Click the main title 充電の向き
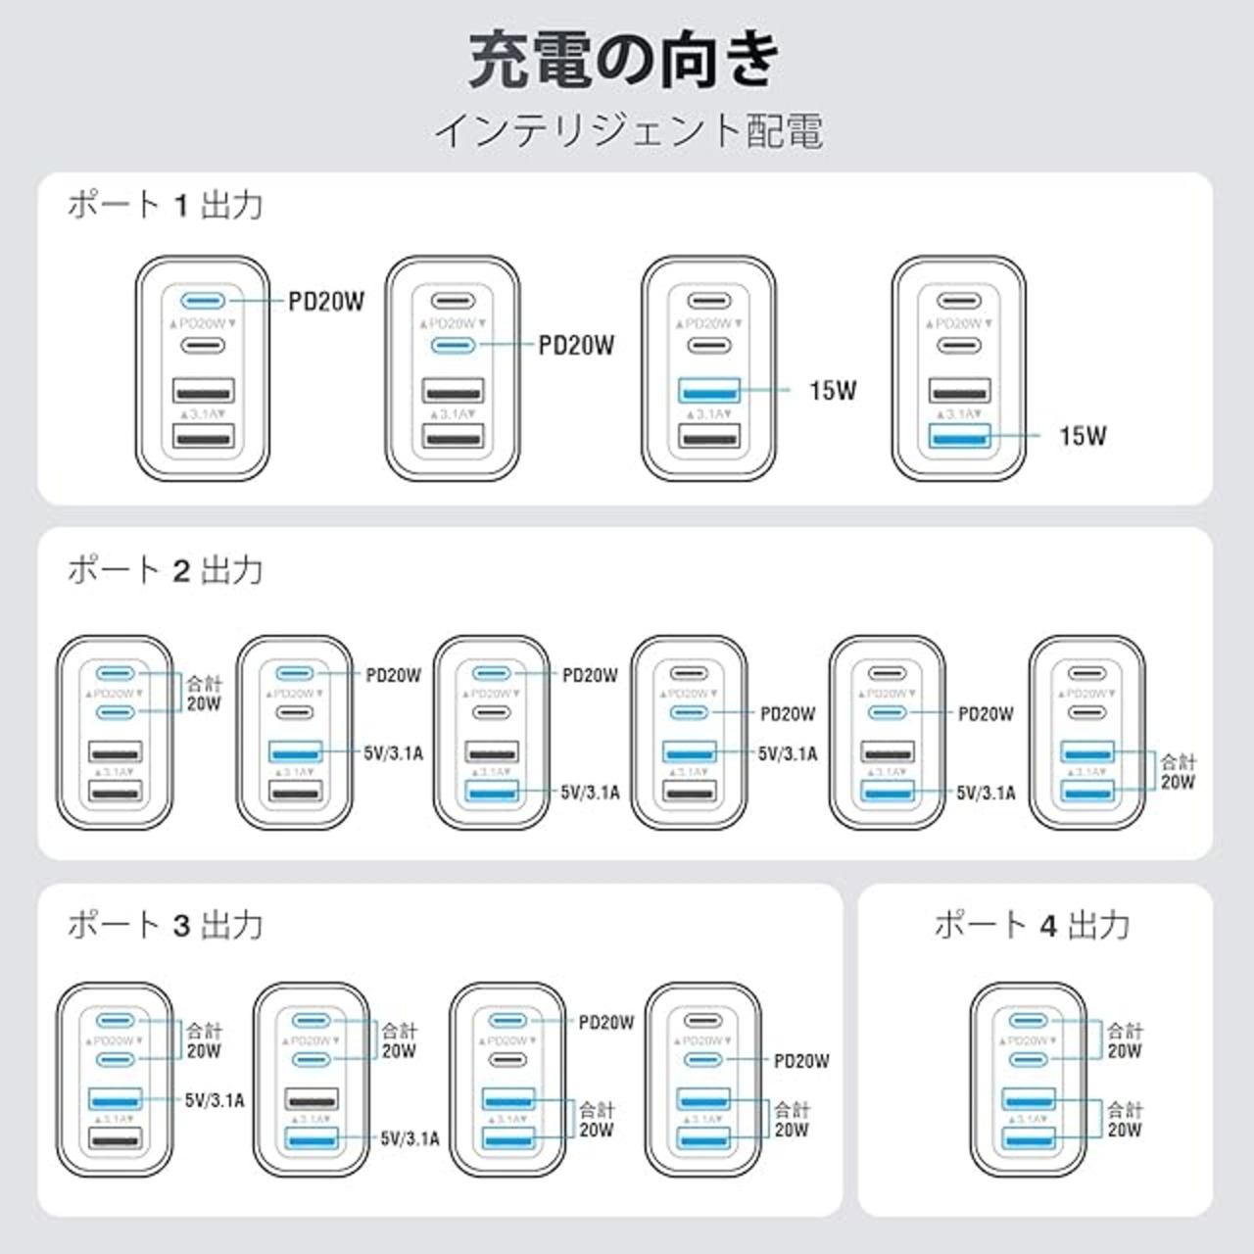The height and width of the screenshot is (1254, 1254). pyautogui.click(x=624, y=61)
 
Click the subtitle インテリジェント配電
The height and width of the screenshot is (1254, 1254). pyautogui.click(x=628, y=130)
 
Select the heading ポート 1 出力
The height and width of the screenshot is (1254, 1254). pyautogui.click(x=166, y=205)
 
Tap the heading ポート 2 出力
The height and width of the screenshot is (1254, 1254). pyautogui.click(x=166, y=569)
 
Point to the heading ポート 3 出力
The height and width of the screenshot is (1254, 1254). pyautogui.click(x=166, y=924)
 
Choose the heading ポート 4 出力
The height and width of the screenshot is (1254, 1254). pyautogui.click(x=1033, y=924)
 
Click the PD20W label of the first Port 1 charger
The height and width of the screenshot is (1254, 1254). pyautogui.click(x=326, y=301)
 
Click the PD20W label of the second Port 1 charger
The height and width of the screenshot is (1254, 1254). pyautogui.click(x=577, y=345)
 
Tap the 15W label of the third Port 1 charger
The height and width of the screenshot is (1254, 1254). pyautogui.click(x=833, y=390)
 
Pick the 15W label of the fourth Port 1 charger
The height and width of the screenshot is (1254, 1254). pyautogui.click(x=1083, y=435)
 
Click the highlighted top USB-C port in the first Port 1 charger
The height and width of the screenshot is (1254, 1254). pyautogui.click(x=203, y=301)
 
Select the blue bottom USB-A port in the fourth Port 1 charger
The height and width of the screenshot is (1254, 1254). pyautogui.click(x=959, y=436)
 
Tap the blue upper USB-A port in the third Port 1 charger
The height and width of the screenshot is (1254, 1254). pyautogui.click(x=709, y=390)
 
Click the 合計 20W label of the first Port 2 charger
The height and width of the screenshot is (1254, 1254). pyautogui.click(x=204, y=693)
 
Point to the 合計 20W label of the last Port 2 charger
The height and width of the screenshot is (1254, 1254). pyautogui.click(x=1178, y=771)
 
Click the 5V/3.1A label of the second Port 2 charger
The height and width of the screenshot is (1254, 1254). pyautogui.click(x=394, y=753)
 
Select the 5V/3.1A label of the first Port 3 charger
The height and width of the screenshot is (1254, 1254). pyautogui.click(x=215, y=1100)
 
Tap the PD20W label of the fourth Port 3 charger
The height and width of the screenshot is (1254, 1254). pyautogui.click(x=801, y=1061)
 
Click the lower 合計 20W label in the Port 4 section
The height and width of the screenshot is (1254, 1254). pyautogui.click(x=1125, y=1120)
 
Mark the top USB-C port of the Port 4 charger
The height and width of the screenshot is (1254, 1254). pyautogui.click(x=1028, y=1022)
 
